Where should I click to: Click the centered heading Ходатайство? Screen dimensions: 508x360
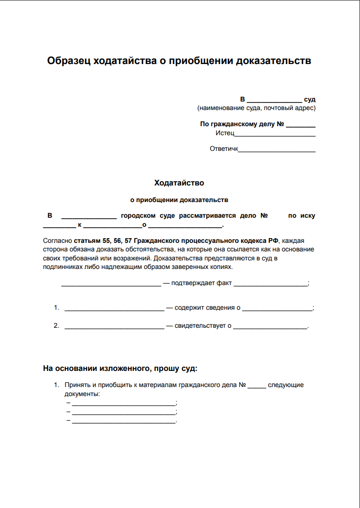click(179, 183)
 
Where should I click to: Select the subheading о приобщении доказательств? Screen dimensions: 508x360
click(179, 200)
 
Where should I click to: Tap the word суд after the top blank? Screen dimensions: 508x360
click(310, 100)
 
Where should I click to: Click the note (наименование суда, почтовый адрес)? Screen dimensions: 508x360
click(256, 108)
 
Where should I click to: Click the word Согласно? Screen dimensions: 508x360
click(57, 240)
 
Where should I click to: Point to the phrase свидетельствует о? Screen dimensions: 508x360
click(203, 326)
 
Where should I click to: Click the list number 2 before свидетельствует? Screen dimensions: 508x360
click(56, 326)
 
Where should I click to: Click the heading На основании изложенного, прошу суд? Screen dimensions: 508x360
click(120, 368)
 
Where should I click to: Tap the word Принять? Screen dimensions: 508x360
click(76, 385)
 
